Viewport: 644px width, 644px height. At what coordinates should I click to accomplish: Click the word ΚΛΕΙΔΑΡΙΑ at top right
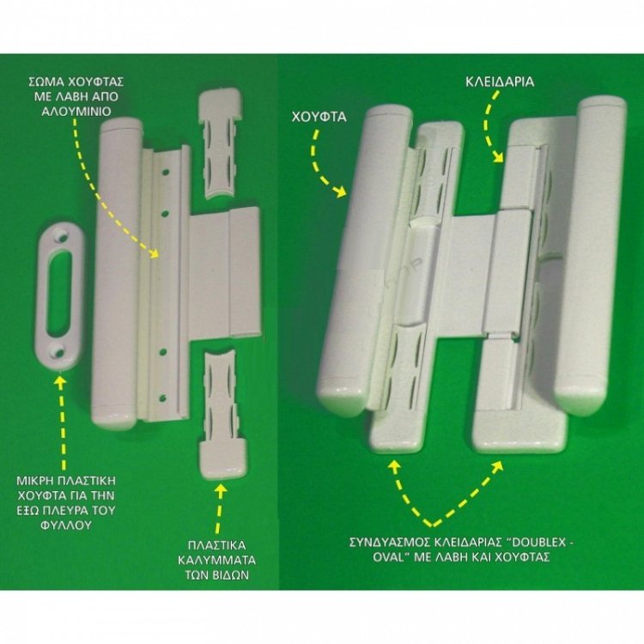point(500,82)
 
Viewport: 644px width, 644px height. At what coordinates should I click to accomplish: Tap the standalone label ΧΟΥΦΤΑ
point(319,117)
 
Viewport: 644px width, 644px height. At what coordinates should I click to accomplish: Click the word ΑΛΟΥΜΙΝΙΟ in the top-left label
point(76,112)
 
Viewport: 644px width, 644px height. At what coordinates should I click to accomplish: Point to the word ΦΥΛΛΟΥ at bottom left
point(65,526)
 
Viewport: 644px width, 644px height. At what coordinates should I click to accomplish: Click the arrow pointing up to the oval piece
point(62,423)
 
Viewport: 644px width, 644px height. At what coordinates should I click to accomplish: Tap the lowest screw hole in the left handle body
point(162,398)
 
